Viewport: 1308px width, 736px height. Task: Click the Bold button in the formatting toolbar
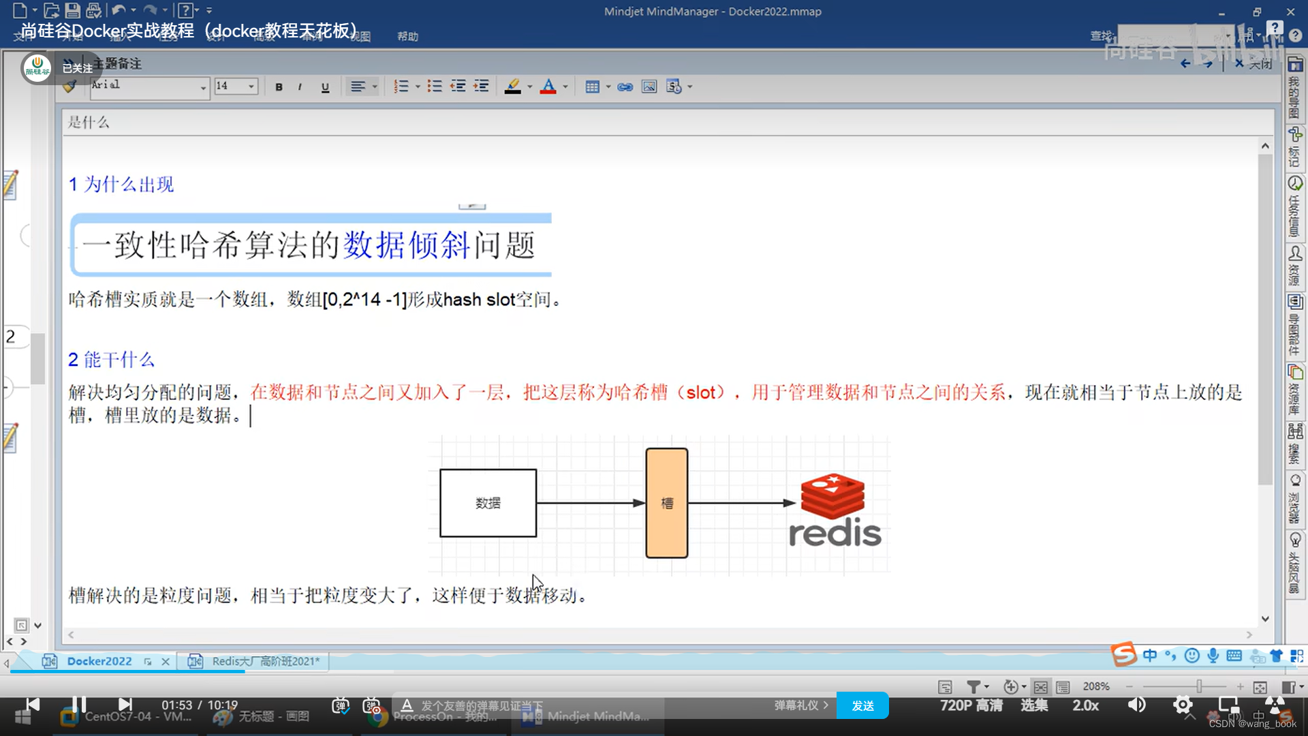point(279,87)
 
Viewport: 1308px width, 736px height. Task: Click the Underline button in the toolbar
point(325,87)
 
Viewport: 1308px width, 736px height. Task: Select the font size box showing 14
point(230,86)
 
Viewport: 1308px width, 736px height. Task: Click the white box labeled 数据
point(488,503)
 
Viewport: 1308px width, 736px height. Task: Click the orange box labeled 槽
point(666,503)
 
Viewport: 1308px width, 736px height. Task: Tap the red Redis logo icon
point(832,496)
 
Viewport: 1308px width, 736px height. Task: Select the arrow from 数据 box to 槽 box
point(590,503)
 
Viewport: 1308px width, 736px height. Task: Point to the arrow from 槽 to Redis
point(741,503)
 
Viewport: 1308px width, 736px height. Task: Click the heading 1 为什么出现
point(121,184)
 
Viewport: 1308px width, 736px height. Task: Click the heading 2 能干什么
point(112,359)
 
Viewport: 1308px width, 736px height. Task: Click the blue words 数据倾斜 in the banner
point(406,245)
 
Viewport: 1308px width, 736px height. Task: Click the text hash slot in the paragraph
point(479,300)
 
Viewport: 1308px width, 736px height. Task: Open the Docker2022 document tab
point(99,661)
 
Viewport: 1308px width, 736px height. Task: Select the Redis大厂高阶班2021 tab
point(265,661)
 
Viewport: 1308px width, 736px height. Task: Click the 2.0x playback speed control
point(1086,705)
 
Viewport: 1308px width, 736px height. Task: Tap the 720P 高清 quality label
point(971,705)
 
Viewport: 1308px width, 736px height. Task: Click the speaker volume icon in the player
point(1137,705)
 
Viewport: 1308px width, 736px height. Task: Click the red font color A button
point(548,87)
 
